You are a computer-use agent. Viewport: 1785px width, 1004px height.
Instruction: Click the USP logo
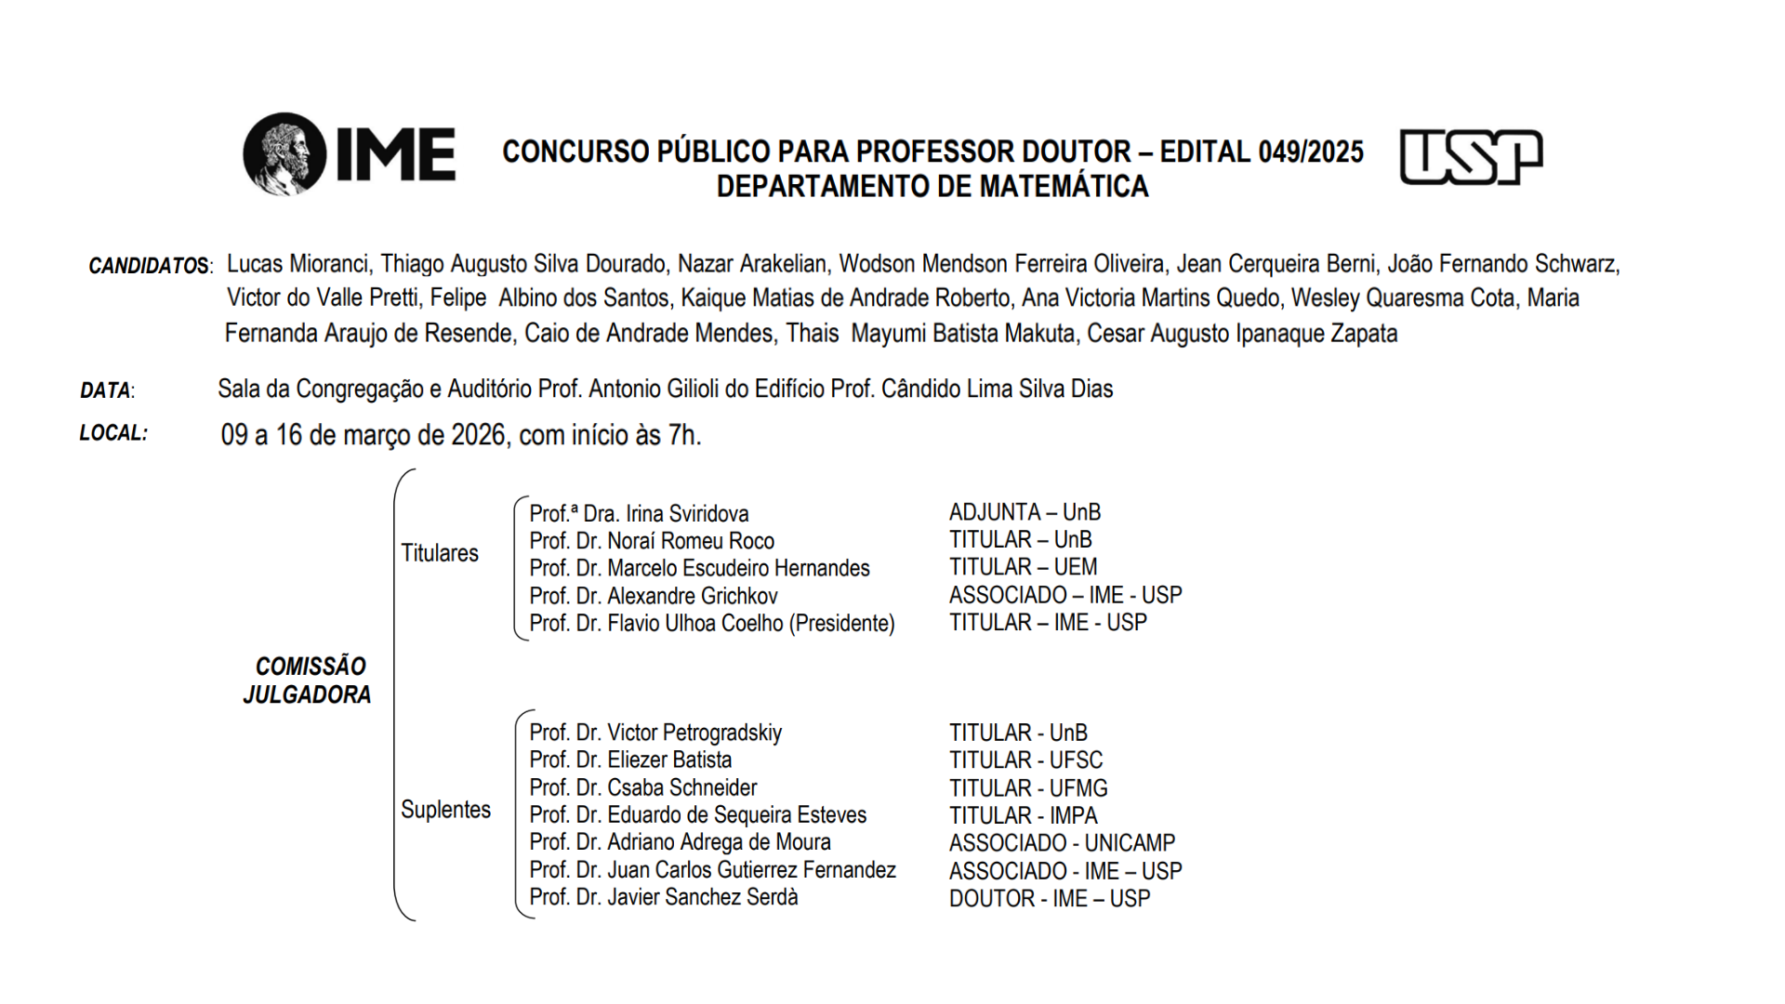pos(1471,157)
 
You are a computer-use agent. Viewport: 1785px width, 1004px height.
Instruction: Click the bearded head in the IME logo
pos(284,153)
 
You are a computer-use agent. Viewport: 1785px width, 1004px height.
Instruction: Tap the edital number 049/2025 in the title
pos(1311,152)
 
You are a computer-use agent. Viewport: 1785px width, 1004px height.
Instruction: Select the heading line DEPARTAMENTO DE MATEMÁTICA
pos(932,187)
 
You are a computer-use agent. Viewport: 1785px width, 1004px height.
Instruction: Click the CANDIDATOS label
pos(150,267)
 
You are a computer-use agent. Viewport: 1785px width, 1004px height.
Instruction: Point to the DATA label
pos(106,390)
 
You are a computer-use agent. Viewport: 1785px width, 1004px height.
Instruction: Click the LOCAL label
pos(113,433)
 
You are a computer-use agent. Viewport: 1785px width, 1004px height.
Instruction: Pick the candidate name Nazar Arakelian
pos(751,264)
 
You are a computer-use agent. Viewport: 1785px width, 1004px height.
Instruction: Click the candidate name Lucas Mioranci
pos(297,264)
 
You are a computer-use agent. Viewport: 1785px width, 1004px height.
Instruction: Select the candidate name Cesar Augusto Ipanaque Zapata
pos(1242,334)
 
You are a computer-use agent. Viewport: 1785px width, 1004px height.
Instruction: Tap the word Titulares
pos(440,553)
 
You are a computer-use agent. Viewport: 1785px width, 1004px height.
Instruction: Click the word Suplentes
pos(445,810)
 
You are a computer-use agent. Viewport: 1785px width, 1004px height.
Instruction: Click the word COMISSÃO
pos(311,667)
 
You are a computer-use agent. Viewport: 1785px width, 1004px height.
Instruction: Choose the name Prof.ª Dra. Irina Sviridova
pos(639,514)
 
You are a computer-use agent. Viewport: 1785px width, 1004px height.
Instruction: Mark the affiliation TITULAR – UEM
pos(1023,567)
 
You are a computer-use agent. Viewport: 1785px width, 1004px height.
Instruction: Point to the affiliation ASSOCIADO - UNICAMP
pos(1062,843)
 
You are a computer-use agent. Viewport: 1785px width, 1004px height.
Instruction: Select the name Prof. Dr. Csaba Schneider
pos(643,788)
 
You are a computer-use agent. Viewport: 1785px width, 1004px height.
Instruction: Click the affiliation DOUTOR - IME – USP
pos(1050,899)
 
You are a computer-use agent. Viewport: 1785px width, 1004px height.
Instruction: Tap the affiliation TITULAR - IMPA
pos(1023,816)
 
